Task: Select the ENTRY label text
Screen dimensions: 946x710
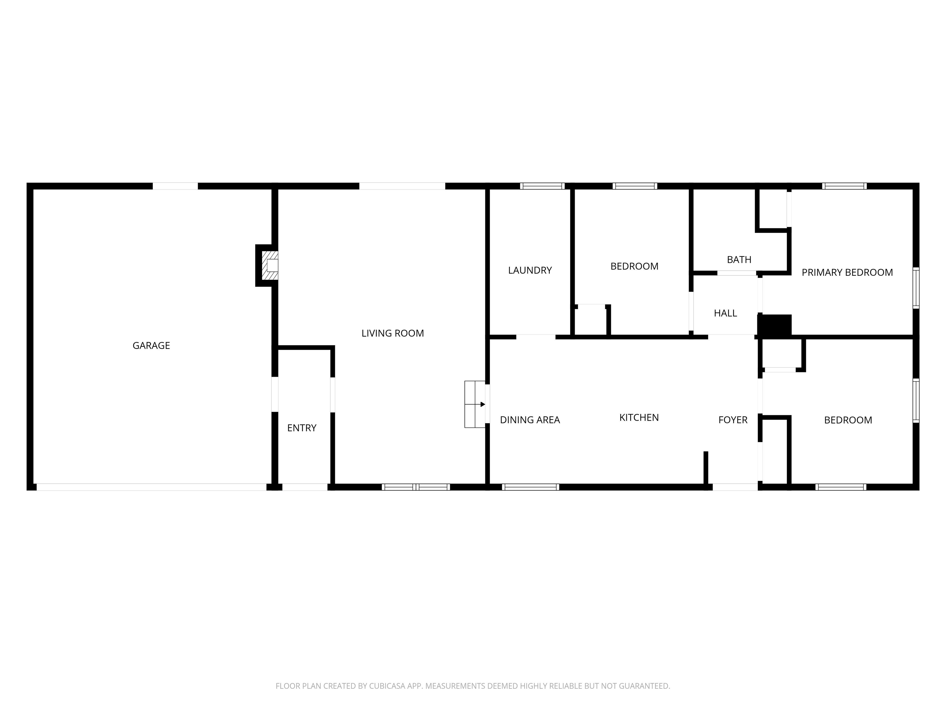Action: [x=301, y=428]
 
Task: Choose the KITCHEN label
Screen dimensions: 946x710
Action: [x=639, y=418]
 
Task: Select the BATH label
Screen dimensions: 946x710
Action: [x=739, y=260]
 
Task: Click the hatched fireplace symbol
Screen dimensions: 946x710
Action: [x=270, y=266]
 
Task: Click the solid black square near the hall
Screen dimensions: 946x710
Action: [x=774, y=325]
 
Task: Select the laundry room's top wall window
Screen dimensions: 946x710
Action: [x=542, y=186]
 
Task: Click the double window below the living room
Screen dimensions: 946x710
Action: [x=416, y=487]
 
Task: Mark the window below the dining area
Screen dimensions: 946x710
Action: [x=530, y=487]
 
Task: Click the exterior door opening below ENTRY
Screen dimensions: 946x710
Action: [x=305, y=487]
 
